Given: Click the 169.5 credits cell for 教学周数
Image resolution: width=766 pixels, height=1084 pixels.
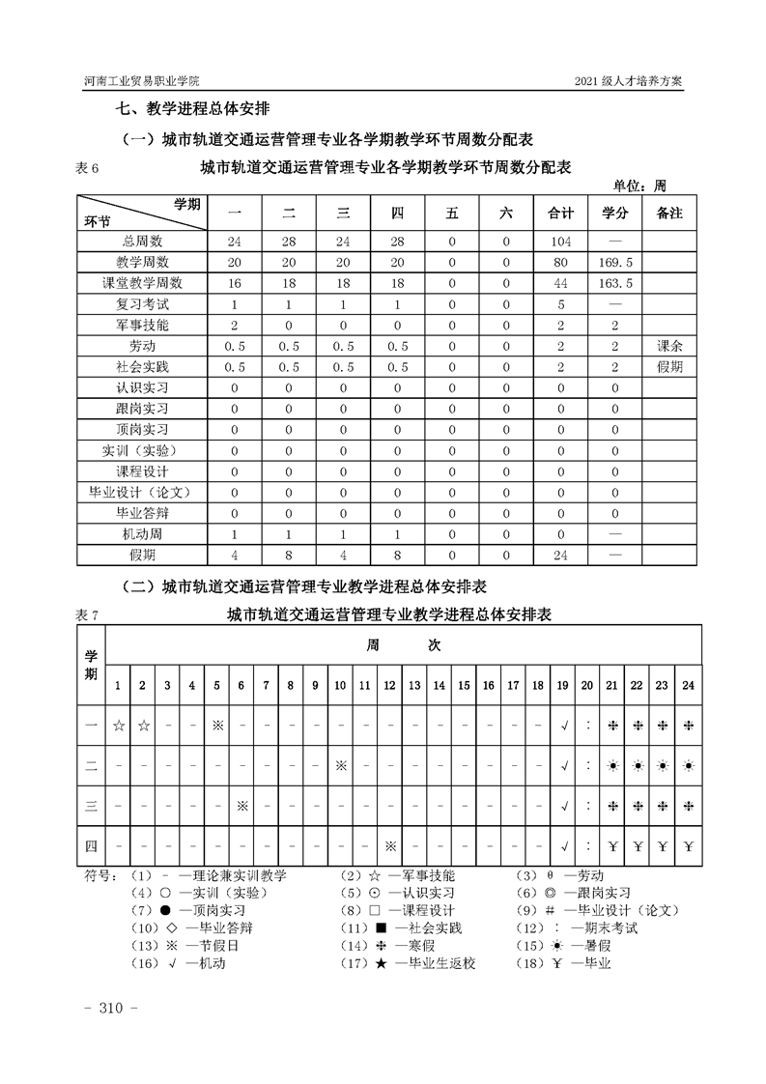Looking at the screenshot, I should click(615, 262).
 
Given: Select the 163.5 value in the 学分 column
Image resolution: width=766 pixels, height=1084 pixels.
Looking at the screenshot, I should click(615, 283).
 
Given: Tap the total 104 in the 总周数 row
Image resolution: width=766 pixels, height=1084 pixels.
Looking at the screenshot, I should click(560, 241).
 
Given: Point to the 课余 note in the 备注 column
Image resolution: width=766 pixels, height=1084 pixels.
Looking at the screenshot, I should click(668, 346).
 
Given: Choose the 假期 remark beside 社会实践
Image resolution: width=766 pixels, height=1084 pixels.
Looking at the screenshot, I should click(668, 367).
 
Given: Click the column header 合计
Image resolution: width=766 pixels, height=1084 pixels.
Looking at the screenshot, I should click(560, 213).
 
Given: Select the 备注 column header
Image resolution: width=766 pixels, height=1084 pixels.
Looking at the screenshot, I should click(668, 213).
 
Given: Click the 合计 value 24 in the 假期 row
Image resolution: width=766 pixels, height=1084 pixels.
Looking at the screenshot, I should click(560, 556).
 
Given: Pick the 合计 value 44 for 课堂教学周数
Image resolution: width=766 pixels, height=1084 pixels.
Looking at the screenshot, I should click(560, 283).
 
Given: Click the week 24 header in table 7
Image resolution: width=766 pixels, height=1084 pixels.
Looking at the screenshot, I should click(687, 685).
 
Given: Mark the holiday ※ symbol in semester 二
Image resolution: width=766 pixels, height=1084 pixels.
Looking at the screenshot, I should click(340, 765).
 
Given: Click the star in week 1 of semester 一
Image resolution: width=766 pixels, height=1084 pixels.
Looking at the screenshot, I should click(118, 725).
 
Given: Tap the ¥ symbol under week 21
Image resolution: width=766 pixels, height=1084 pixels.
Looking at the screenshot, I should click(612, 847).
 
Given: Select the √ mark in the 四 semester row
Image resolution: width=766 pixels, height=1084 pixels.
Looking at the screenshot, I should click(563, 847).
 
